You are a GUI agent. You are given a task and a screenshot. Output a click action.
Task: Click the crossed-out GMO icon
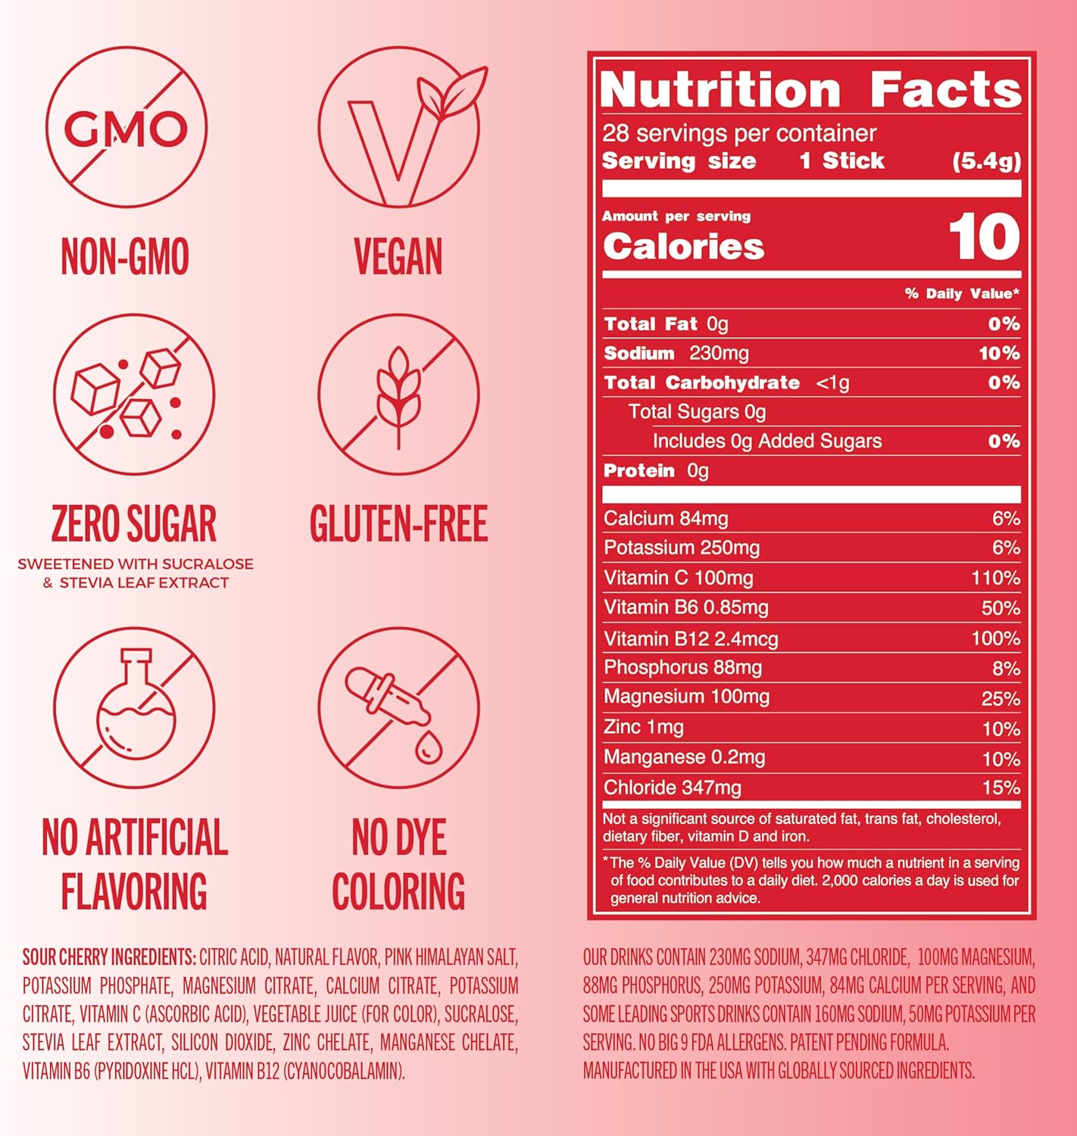coord(126,126)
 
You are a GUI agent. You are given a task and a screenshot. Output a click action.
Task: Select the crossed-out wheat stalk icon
coord(398,395)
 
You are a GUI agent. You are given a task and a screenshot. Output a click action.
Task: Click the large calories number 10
coord(984,237)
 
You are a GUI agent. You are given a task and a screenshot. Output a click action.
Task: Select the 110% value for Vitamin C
coord(995,579)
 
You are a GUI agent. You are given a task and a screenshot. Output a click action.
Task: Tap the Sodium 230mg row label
coord(676,353)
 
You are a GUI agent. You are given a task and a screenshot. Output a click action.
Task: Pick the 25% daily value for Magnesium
coord(1001,698)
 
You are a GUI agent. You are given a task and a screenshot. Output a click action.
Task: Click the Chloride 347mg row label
coord(673,788)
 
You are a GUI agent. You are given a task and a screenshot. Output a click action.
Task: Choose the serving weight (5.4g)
coord(986,161)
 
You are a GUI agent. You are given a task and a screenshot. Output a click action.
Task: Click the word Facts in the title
coord(945,90)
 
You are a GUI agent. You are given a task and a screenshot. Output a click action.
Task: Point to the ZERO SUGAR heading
coord(134,523)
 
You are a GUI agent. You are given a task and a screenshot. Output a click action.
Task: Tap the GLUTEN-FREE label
coord(398,523)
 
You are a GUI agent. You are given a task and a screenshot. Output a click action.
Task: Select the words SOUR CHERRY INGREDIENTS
coord(109,957)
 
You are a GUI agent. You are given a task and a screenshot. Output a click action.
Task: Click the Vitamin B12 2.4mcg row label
coord(691,638)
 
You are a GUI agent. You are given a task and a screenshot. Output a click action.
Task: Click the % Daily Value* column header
coord(962,294)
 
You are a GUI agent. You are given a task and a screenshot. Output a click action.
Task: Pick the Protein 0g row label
coord(656,471)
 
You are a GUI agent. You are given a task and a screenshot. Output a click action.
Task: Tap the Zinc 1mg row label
coord(644,727)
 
